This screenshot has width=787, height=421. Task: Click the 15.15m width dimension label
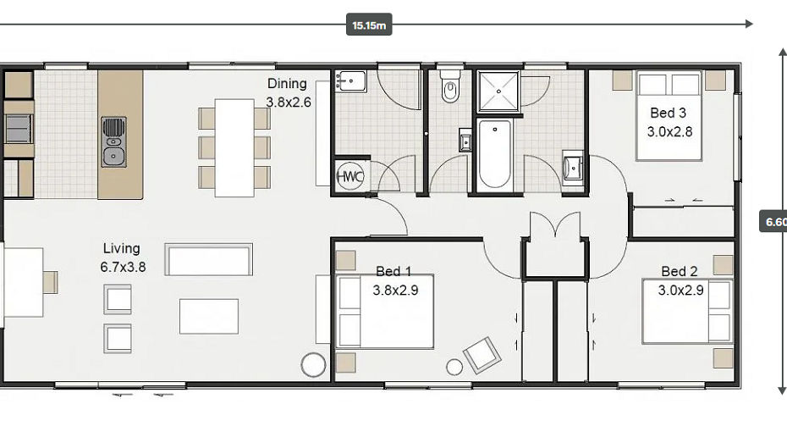pos(369,25)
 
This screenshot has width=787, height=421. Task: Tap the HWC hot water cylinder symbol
pos(349,176)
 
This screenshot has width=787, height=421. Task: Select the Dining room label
pos(288,93)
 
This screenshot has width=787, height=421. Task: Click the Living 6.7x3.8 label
pos(123,258)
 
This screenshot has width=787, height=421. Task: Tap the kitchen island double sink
pos(114,142)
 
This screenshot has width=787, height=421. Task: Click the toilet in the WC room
pos(450,86)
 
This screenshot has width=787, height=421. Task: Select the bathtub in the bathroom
pos(495,153)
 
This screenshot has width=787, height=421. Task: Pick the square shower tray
pos(498,91)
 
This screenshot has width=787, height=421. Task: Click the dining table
pos(234,147)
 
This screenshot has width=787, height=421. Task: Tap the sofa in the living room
pos(209,260)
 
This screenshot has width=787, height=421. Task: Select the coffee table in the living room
pos(209,317)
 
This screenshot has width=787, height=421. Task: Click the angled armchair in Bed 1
pos(482,355)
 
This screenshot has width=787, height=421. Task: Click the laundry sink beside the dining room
pos(350,80)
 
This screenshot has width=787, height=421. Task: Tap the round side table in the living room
pos(313,365)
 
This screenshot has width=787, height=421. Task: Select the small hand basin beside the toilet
pos(465,140)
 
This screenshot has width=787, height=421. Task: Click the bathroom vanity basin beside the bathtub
pos(573,165)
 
